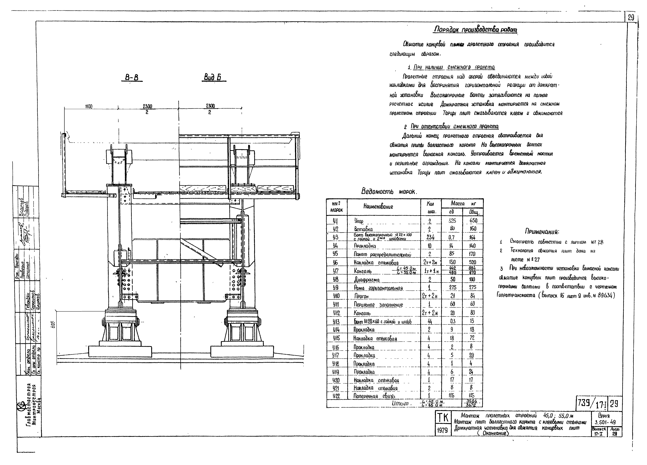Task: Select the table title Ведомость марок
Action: coord(389,191)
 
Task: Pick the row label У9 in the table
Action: coord(336,287)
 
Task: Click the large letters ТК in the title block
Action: coord(442,418)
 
